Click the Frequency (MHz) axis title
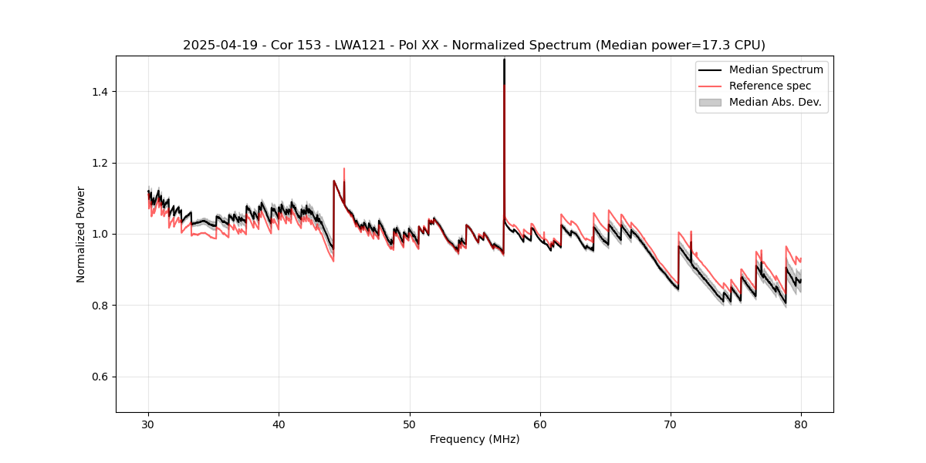pyautogui.click(x=475, y=439)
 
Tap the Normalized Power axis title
pyautogui.click(x=81, y=234)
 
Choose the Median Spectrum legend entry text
pyautogui.click(x=776, y=70)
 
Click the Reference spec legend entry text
pyautogui.click(x=770, y=86)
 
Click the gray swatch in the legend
pyautogui.click(x=710, y=102)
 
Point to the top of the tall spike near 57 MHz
pyautogui.click(x=504, y=59)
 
